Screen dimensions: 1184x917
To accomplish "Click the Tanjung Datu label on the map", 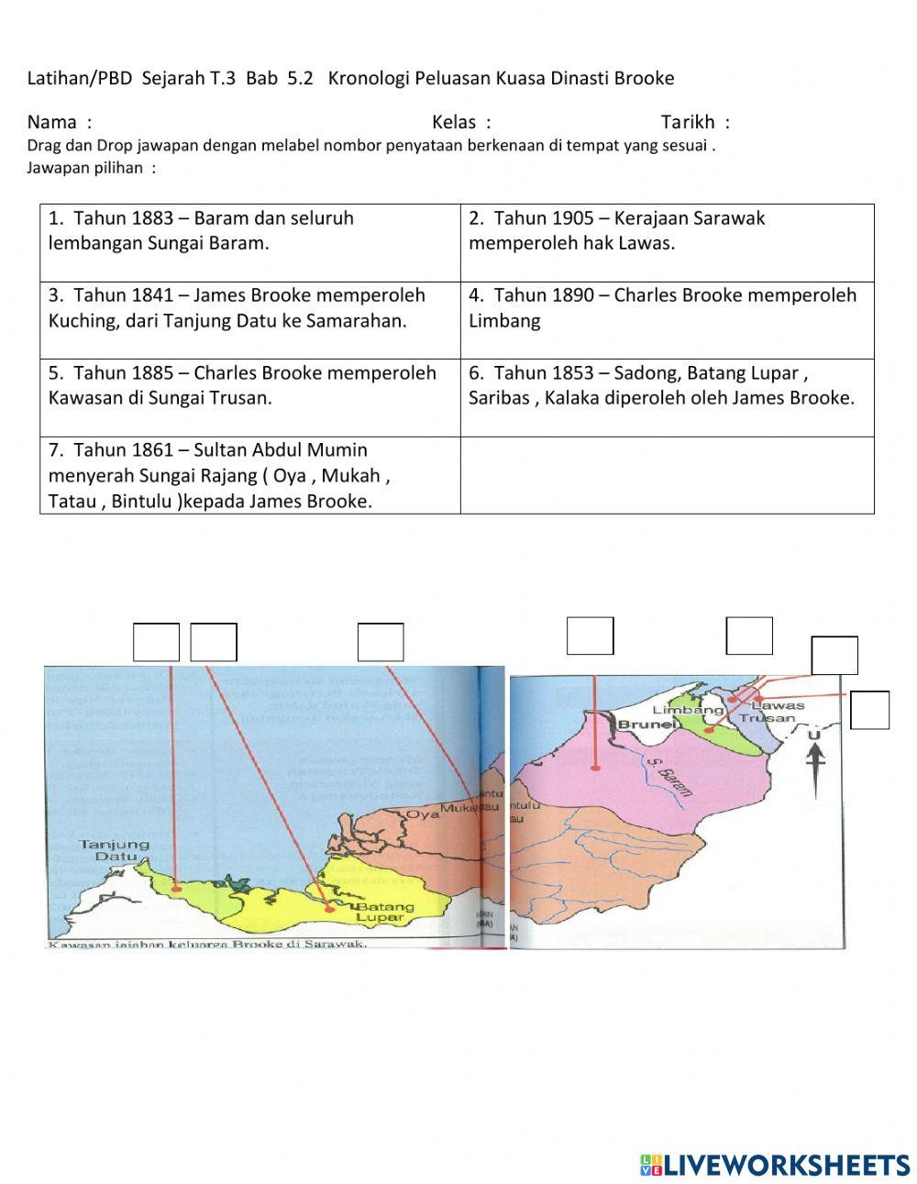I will click(x=114, y=850).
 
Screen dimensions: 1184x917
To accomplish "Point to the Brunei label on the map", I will click(x=647, y=725).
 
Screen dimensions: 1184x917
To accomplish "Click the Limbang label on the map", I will click(x=688, y=710).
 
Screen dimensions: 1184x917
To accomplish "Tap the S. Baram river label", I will click(x=668, y=776).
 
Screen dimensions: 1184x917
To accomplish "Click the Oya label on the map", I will click(x=423, y=813).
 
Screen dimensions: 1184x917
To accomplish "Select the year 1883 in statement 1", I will click(x=152, y=218).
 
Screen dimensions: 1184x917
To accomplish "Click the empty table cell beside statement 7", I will click(x=667, y=475).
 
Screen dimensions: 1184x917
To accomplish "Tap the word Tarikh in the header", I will click(x=688, y=122).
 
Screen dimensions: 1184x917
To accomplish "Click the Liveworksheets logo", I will click(x=775, y=1165).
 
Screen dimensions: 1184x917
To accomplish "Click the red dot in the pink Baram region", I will click(x=595, y=768).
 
